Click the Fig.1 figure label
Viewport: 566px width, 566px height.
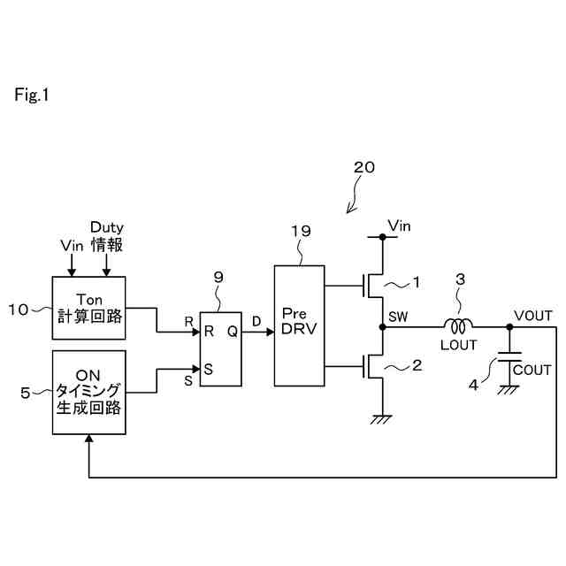[x=32, y=95]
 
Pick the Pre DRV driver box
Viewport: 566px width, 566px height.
[x=300, y=325]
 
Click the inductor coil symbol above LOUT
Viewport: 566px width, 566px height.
[x=458, y=325]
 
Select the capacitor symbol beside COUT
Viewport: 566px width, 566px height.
[x=509, y=359]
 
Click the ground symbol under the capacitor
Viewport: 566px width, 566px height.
[x=509, y=389]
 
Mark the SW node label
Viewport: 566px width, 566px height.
[x=396, y=317]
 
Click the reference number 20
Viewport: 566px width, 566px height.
[x=363, y=167]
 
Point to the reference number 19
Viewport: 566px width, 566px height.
[x=302, y=233]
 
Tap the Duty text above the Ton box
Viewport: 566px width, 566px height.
[x=106, y=227]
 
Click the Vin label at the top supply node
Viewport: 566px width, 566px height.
[x=401, y=226]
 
